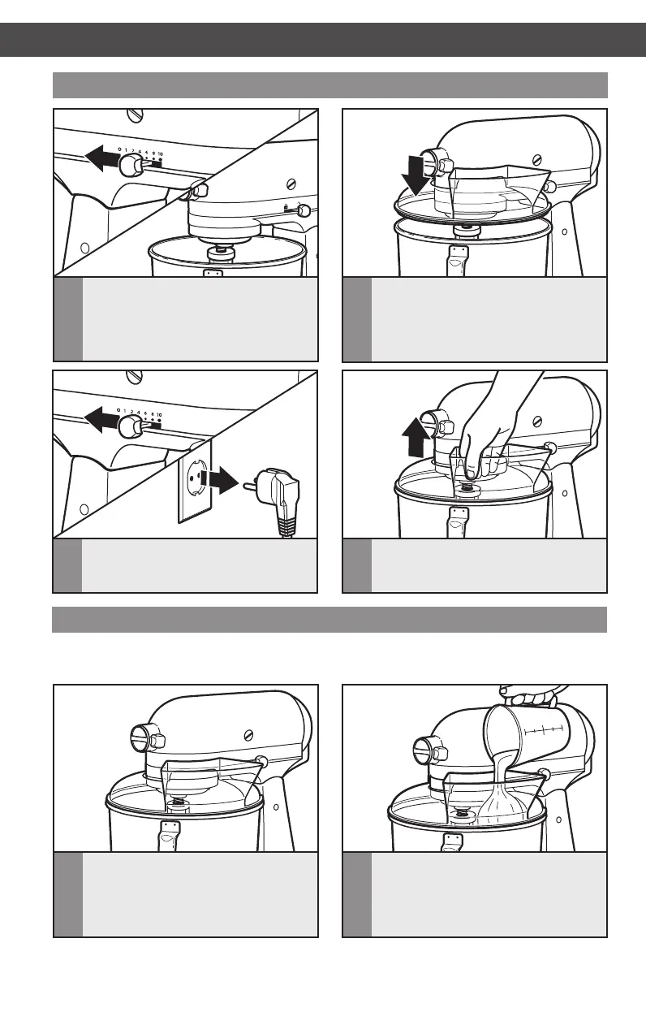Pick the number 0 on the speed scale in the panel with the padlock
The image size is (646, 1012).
(119, 149)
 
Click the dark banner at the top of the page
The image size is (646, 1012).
(323, 40)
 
